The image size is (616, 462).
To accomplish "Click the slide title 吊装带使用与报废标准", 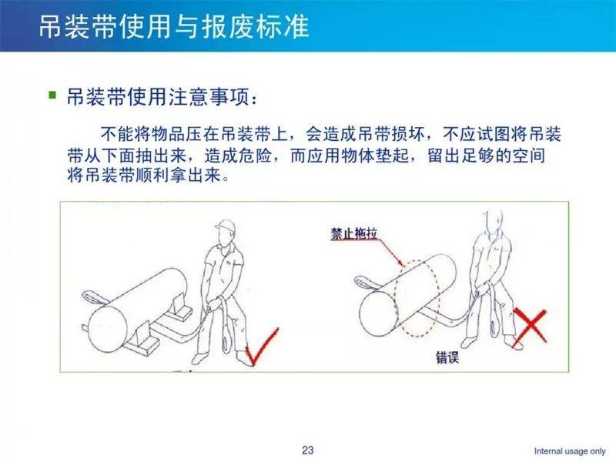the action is (174, 27).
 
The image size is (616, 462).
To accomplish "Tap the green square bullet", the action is (52, 95).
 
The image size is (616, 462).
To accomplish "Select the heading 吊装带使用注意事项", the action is (157, 96).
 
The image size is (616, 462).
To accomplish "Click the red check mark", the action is (263, 346).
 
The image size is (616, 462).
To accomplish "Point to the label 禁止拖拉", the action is (354, 233).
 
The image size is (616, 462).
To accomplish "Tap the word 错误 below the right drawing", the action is (447, 357).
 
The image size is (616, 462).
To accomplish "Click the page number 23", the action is (307, 450).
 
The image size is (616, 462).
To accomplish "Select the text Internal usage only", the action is (570, 451).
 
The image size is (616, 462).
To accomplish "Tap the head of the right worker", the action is (495, 223).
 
